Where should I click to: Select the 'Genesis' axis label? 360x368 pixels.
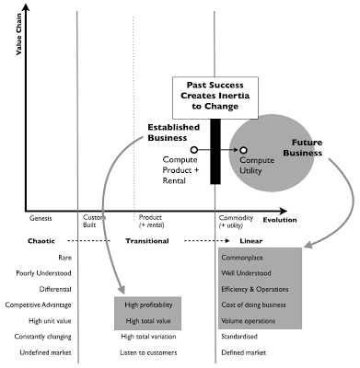click(41, 220)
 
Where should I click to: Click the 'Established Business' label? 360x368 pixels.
click(172, 132)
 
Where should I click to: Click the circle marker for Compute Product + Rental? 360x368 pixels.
click(194, 148)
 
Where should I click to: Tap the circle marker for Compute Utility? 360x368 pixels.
click(244, 149)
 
